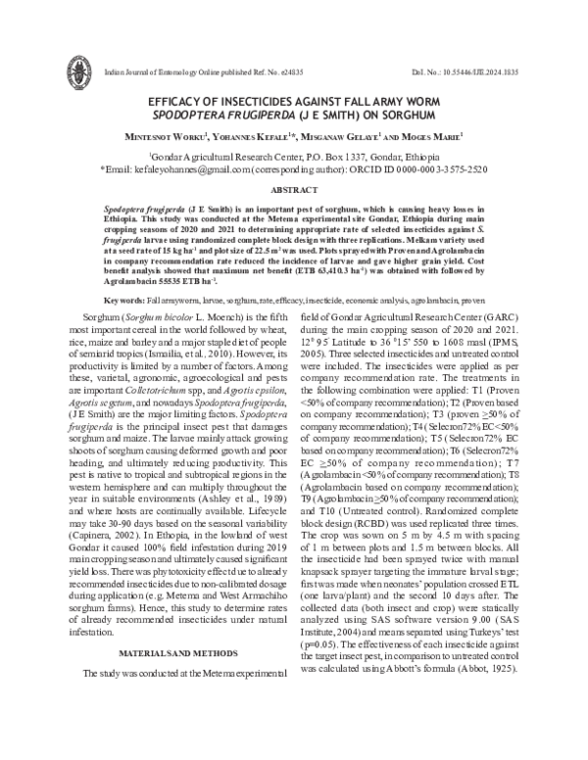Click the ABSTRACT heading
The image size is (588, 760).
pyautogui.click(x=293, y=193)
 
